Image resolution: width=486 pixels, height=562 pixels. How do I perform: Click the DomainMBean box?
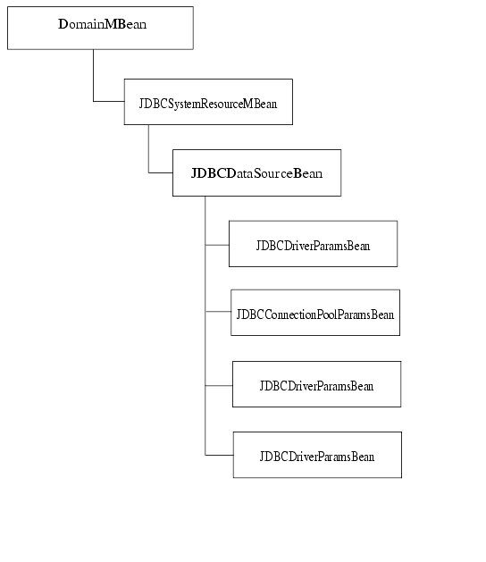pos(100,28)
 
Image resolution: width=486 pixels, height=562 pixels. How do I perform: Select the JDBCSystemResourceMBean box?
pos(207,104)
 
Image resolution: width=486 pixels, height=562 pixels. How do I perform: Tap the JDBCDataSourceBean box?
pos(256,172)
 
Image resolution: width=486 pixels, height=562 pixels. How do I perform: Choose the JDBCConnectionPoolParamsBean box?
pos(314,313)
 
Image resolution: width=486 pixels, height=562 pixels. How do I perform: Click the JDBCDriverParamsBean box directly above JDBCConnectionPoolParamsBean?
pos(313,244)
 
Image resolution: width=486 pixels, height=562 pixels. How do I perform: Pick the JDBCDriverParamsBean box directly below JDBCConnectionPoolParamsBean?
pos(316,384)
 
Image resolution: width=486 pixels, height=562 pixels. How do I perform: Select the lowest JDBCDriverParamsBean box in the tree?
pos(317,455)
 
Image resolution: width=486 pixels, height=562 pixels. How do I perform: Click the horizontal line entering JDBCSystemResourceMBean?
pos(108,101)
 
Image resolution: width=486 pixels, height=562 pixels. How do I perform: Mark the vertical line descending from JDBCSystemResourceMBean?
pos(148,147)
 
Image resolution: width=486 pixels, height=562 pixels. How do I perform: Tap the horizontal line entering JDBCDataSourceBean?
pos(160,172)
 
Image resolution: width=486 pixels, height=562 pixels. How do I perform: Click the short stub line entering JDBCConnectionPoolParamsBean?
pos(218,312)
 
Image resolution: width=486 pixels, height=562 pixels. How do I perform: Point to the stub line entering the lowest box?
pos(219,455)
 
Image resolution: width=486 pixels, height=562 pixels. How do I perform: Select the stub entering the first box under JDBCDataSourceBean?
pos(217,243)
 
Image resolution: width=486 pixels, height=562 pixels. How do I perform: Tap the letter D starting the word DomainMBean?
pos(63,25)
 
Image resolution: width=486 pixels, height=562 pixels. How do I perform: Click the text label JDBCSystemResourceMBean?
pos(207,104)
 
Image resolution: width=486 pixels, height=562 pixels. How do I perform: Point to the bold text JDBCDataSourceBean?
pos(256,172)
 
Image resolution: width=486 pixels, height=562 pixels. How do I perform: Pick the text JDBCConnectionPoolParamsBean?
pos(314,314)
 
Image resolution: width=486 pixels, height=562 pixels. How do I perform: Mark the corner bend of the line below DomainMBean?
pos(93,101)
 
